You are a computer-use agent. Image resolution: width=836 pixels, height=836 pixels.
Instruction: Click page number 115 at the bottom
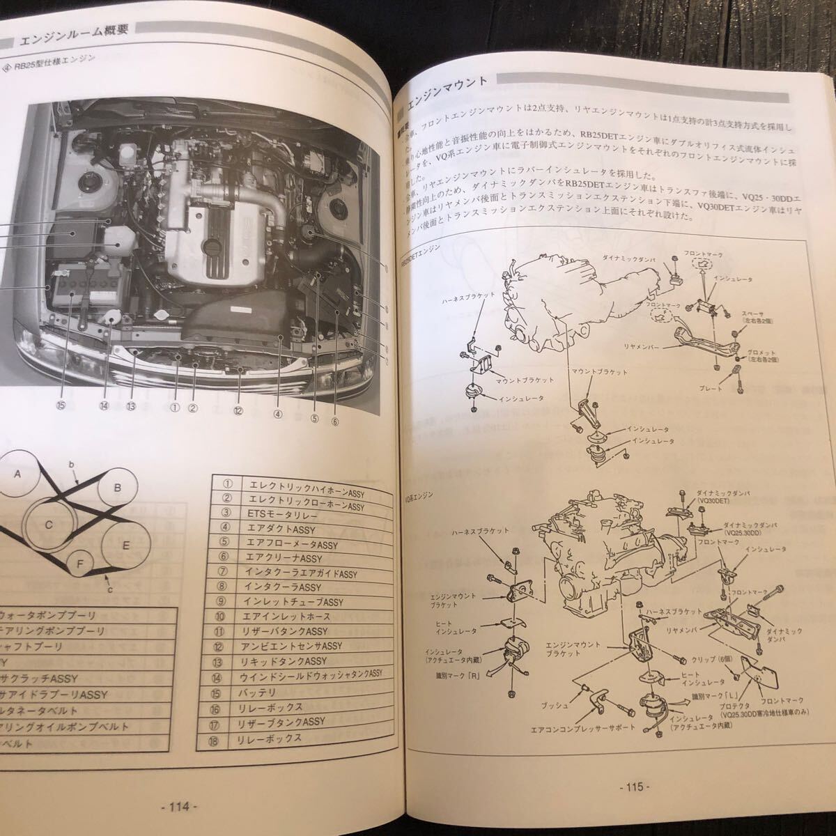[x=633, y=787]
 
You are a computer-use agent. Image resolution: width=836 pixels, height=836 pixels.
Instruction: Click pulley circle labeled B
[x=118, y=488]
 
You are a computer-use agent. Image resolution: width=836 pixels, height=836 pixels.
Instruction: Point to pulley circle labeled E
[x=125, y=546]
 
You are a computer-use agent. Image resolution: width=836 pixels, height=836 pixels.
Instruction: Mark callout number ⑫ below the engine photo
[x=239, y=411]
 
